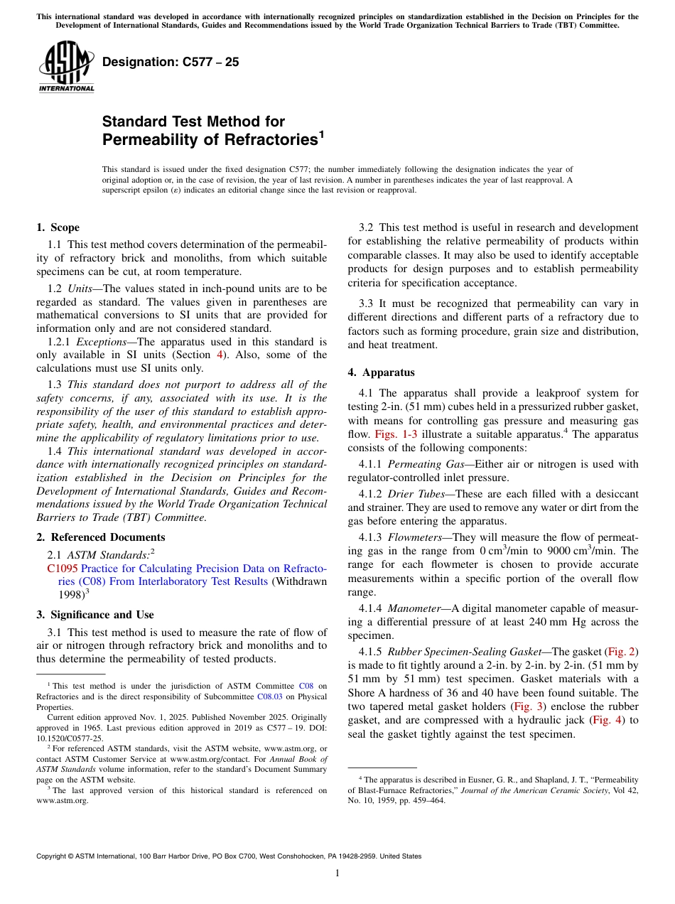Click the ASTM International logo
point(66,68)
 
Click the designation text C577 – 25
point(171,63)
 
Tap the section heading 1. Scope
point(58,227)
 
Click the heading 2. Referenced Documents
point(100,537)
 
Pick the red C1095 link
point(63,569)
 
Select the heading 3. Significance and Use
point(94,615)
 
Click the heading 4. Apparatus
point(381,372)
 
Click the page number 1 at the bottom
point(337,873)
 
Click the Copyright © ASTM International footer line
point(229,856)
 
